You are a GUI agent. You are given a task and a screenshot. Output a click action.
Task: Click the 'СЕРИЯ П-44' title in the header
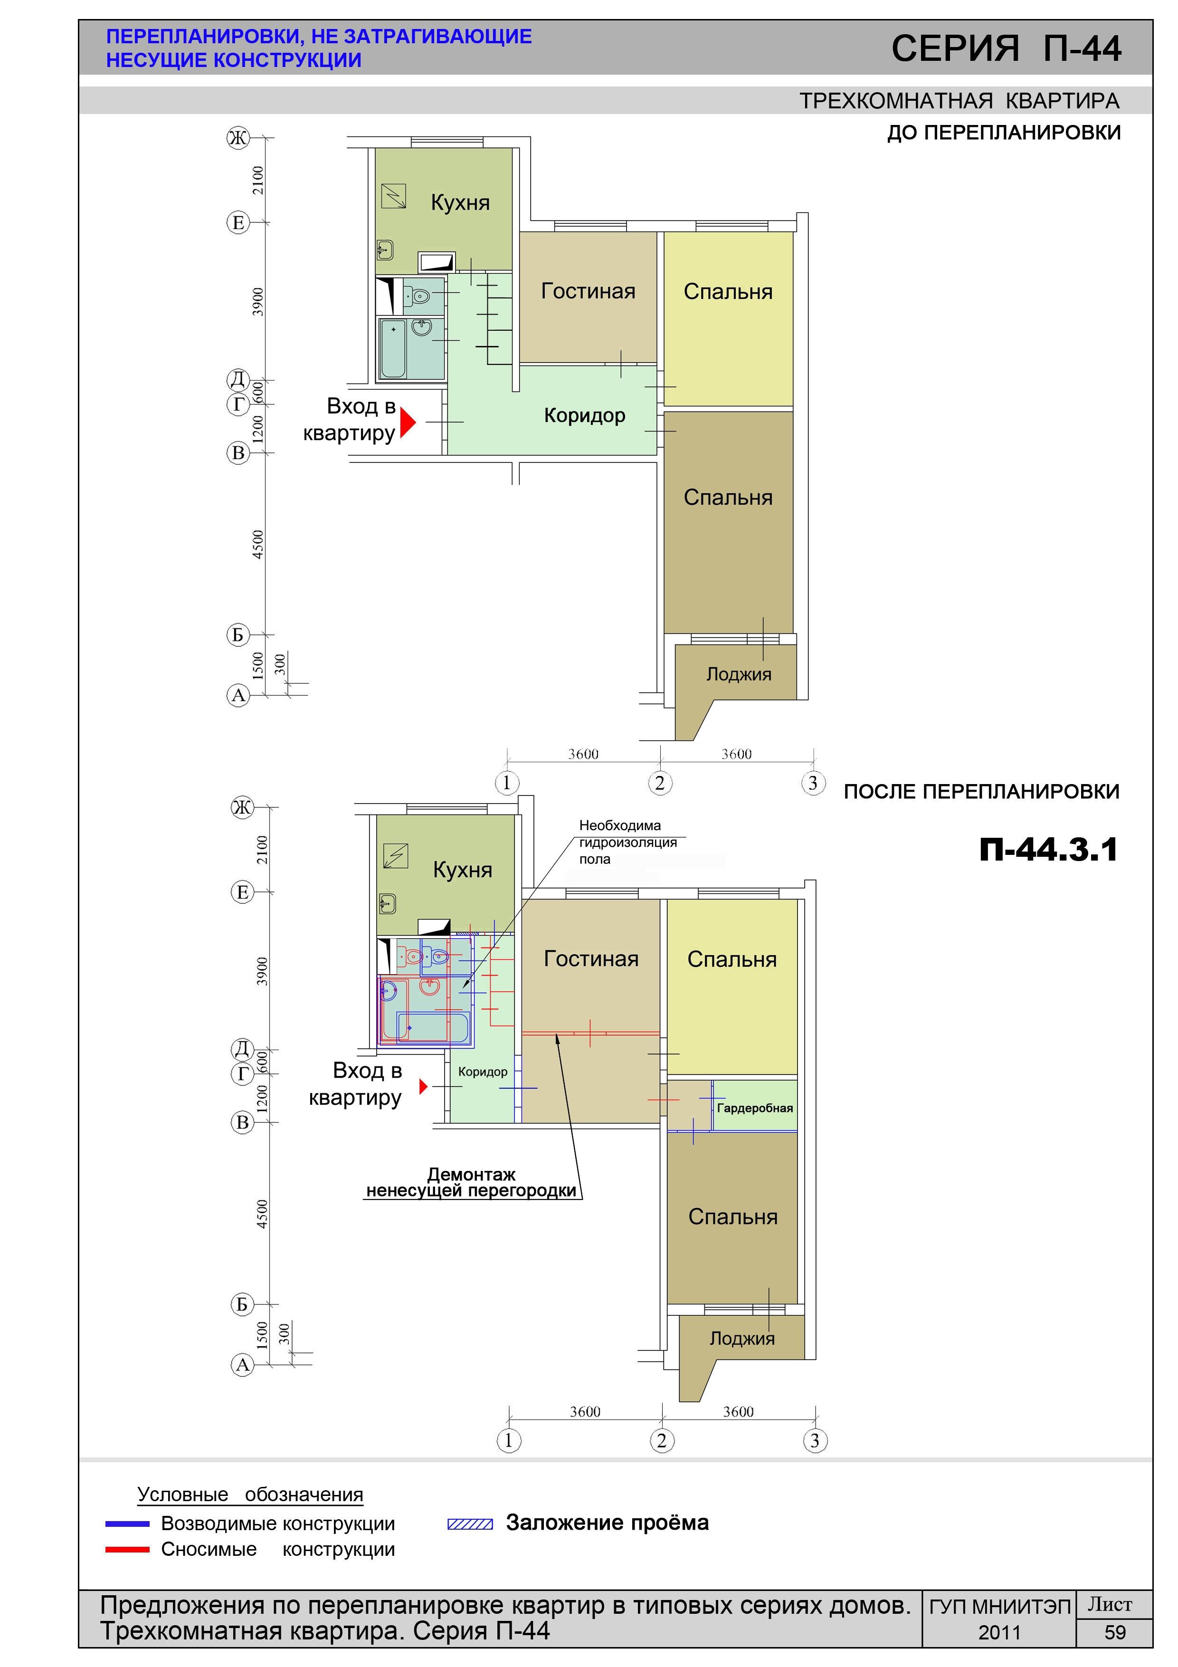pos(1006,48)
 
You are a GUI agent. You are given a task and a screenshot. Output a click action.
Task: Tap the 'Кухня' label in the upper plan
pos(460,202)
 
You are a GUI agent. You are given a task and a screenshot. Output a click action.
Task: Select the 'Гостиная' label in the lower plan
pos(591,958)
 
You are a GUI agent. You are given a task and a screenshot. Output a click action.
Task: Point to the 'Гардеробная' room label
pos(755,1108)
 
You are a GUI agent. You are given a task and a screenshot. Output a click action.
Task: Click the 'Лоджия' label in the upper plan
pos(739,674)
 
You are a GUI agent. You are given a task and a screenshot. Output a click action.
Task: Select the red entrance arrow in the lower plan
pos(424,1087)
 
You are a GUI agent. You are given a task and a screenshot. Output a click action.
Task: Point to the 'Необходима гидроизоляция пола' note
pos(628,842)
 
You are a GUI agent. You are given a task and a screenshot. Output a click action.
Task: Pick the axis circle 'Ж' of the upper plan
pos(237,138)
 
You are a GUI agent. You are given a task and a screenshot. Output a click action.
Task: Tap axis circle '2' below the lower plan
pos(661,1440)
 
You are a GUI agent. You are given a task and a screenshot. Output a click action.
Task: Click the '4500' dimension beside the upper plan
pos(257,545)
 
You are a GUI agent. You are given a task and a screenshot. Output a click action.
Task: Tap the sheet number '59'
pos(1114,1633)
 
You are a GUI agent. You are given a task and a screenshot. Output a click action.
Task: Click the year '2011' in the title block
pos(999,1633)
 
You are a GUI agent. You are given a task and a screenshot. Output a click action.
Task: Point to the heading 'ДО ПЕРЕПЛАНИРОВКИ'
pos(1004,133)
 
